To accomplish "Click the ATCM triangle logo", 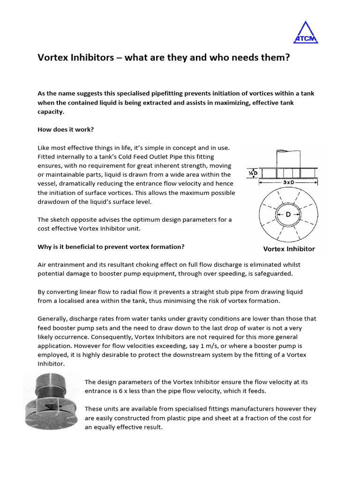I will [x=305, y=33].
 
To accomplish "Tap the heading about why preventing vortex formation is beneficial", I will [x=111, y=247].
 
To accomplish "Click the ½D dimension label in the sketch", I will [x=252, y=172].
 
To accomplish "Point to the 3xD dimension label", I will [x=288, y=182].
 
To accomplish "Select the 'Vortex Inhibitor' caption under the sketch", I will [x=289, y=249].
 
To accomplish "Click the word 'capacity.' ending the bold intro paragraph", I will [x=51, y=112].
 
